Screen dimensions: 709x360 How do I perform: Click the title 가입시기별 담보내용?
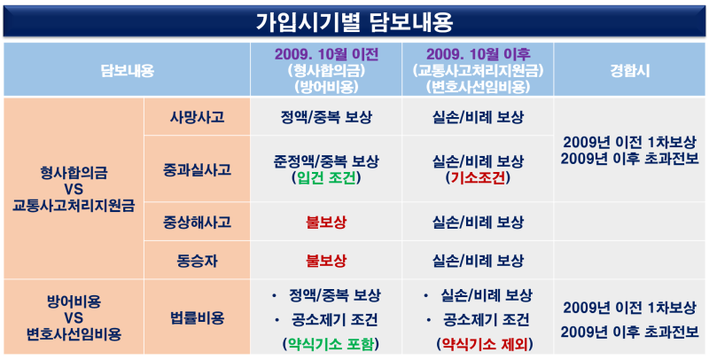[x=354, y=21]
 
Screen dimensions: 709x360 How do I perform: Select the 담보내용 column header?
[x=127, y=71]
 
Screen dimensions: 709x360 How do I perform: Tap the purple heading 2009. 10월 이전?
[x=326, y=55]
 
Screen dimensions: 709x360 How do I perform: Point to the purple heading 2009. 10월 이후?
[x=478, y=55]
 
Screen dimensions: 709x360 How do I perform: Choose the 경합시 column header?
[x=629, y=71]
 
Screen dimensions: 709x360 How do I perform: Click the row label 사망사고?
[x=197, y=117]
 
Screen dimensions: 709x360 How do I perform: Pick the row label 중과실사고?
[x=197, y=169]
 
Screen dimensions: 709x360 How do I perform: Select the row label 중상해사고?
[x=197, y=222]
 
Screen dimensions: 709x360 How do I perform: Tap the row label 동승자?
[x=197, y=260]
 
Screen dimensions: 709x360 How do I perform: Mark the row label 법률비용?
[x=197, y=318]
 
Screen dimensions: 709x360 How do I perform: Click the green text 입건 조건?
[x=326, y=178]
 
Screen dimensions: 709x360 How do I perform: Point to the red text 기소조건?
[x=478, y=178]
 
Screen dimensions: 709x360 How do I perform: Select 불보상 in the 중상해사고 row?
[x=326, y=222]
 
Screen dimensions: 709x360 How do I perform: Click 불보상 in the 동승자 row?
[x=326, y=260]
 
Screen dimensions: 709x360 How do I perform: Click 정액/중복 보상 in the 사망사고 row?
[x=326, y=117]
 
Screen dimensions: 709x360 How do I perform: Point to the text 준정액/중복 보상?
[x=326, y=161]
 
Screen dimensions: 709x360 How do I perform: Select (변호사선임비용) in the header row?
[x=478, y=87]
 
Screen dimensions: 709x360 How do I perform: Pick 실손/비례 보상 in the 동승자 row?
[x=478, y=260]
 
